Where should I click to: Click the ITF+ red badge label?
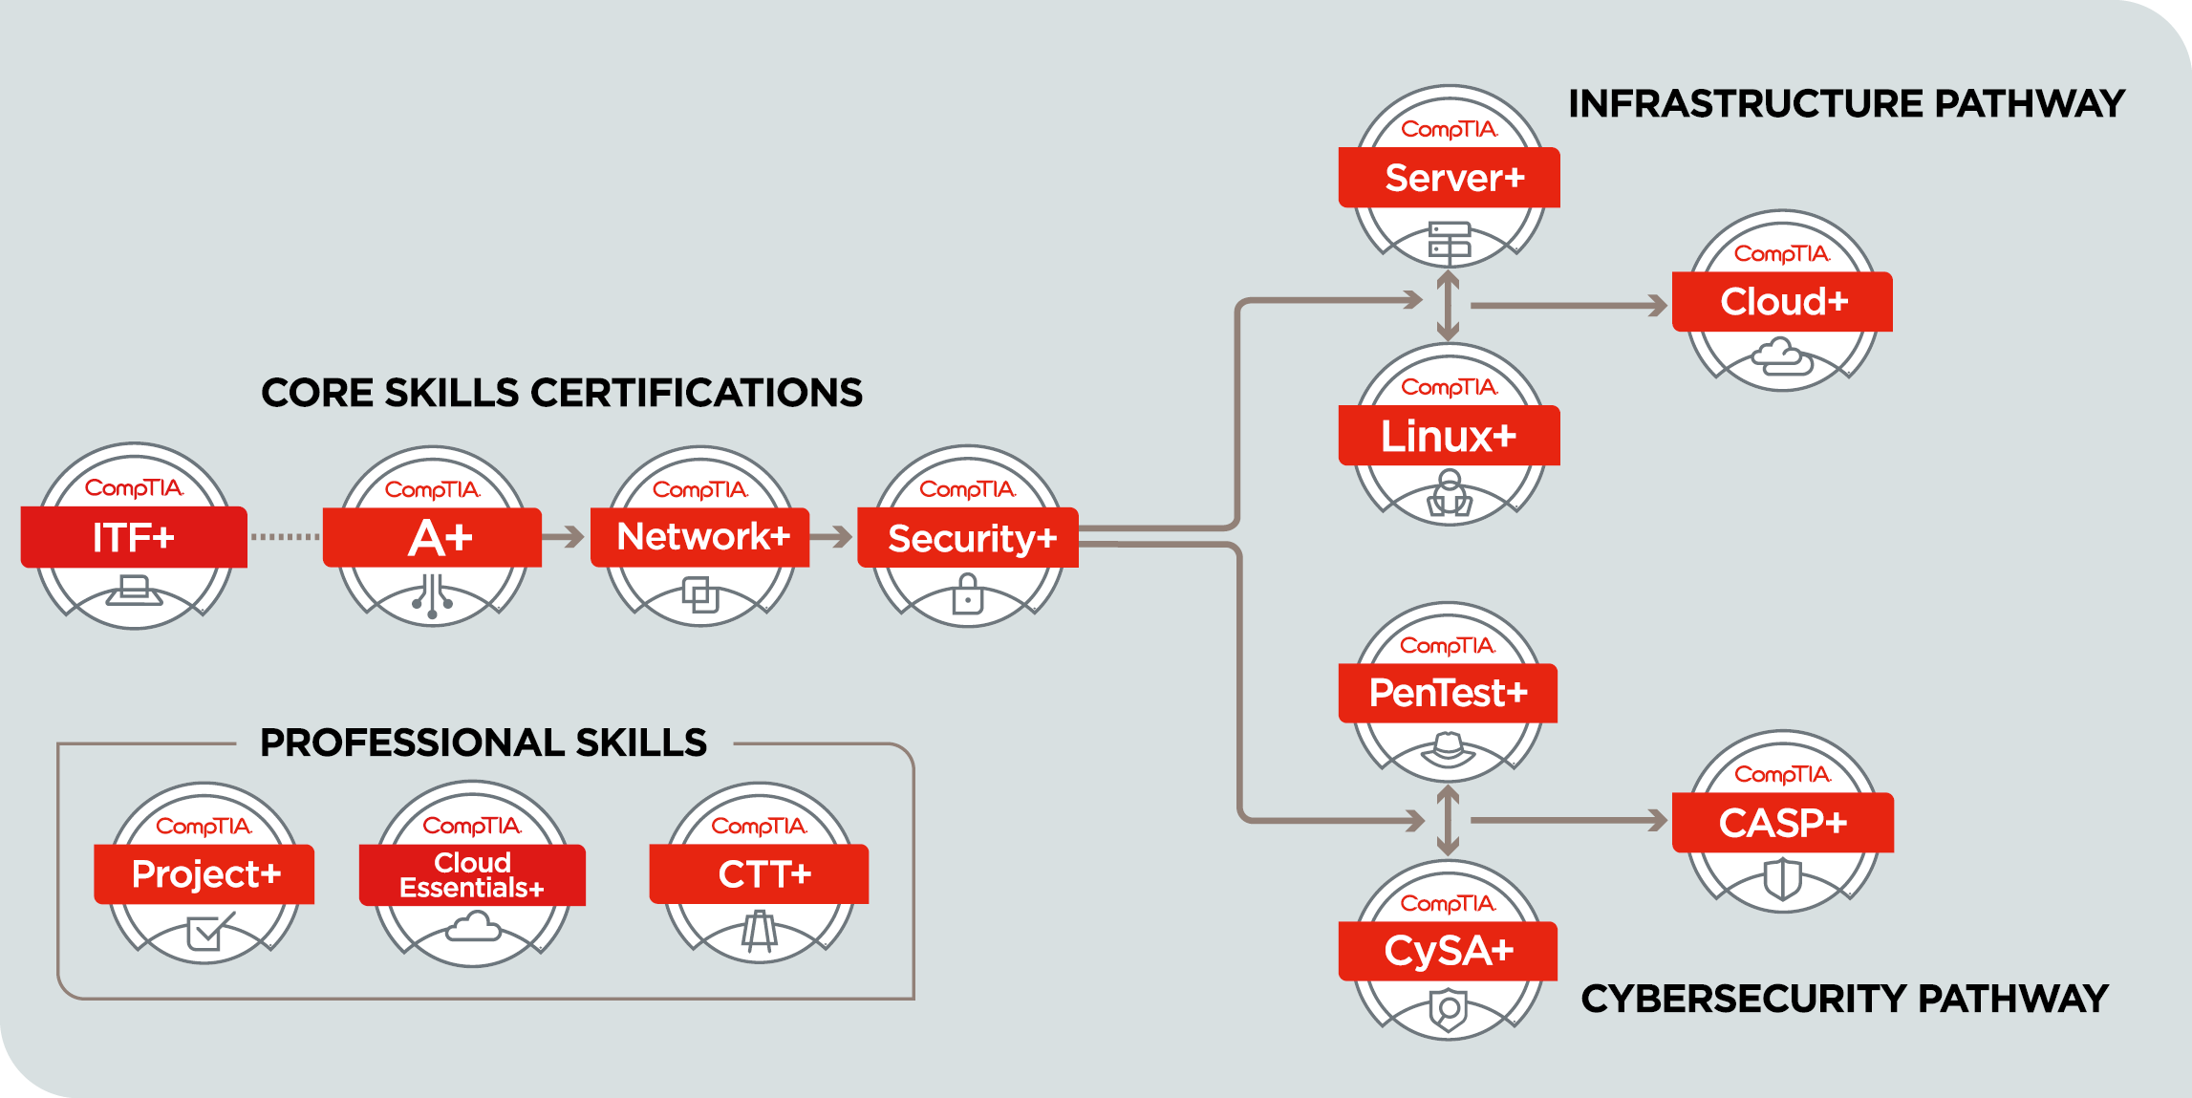pos(134,537)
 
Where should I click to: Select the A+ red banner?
pos(433,537)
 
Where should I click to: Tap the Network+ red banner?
pos(700,537)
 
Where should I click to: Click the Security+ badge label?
pos(968,538)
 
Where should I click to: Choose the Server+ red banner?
pos(1450,178)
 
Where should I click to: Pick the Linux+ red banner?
pos(1450,436)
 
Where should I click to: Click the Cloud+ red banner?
pos(1782,302)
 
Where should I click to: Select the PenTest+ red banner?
pos(1448,693)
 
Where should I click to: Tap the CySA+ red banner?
pos(1448,951)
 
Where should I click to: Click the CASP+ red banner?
pos(1783,823)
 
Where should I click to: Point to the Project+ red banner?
pos(204,873)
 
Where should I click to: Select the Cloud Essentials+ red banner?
pos(472,874)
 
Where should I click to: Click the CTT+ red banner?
pos(760,873)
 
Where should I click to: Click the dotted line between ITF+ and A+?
pos(285,537)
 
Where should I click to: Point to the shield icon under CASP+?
pos(1782,879)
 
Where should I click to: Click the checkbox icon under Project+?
pos(207,932)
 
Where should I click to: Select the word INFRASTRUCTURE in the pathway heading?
pos(1746,103)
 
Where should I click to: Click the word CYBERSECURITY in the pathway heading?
pos(1743,999)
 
